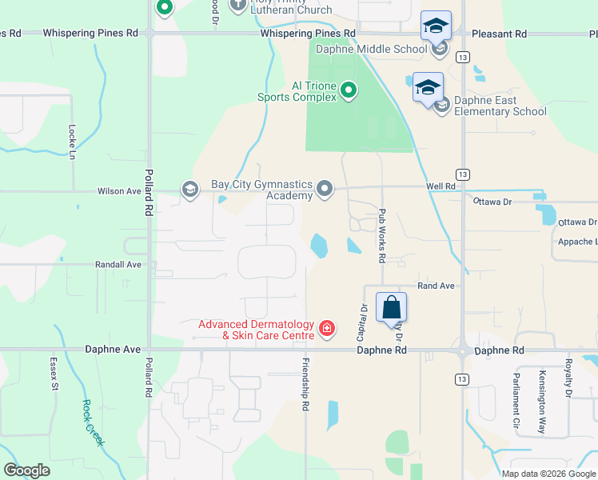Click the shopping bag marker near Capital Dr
pyautogui.click(x=391, y=307)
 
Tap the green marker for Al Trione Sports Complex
pyautogui.click(x=349, y=90)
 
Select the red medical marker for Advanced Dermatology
pyautogui.click(x=326, y=329)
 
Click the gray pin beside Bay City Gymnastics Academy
pyautogui.click(x=324, y=189)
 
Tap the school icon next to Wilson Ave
pyautogui.click(x=189, y=190)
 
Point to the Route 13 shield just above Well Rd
pyautogui.click(x=462, y=174)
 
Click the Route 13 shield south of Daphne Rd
pyautogui.click(x=462, y=378)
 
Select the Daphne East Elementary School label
pyautogui.click(x=500, y=106)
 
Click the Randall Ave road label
pyautogui.click(x=118, y=264)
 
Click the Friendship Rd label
pyautogui.click(x=305, y=385)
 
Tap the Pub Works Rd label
pyautogui.click(x=382, y=236)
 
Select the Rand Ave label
pyautogui.click(x=436, y=286)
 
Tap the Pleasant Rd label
pyautogui.click(x=499, y=34)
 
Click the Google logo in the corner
pyautogui.click(x=26, y=470)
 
